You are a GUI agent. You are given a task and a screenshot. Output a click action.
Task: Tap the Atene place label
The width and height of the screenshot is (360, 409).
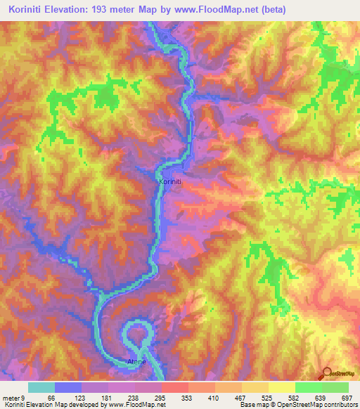pyautogui.click(x=136, y=362)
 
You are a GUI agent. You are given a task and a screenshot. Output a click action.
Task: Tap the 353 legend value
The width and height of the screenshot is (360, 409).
pyautogui.click(x=188, y=396)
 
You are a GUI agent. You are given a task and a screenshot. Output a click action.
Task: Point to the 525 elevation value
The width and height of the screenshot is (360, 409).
pyautogui.click(x=269, y=396)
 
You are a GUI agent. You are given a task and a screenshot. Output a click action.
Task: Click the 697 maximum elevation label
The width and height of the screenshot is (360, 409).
pyautogui.click(x=347, y=396)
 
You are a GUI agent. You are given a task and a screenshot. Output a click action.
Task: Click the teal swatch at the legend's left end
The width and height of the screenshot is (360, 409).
pyautogui.click(x=41, y=387)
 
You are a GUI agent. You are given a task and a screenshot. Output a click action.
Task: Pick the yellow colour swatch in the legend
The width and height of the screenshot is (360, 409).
pyautogui.click(x=281, y=387)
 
